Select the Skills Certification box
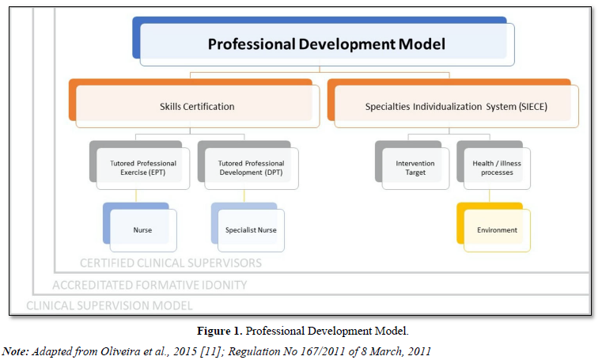point(197,106)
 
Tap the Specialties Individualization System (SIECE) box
point(456,106)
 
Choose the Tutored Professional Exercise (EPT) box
point(142,168)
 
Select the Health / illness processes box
point(495,168)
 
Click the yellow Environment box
point(496,229)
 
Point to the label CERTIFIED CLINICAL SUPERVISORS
point(170,263)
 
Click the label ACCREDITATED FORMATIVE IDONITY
point(150,285)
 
